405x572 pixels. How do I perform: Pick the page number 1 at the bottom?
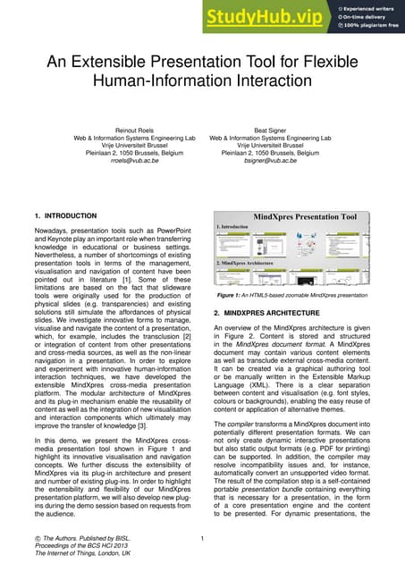[x=203, y=538]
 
